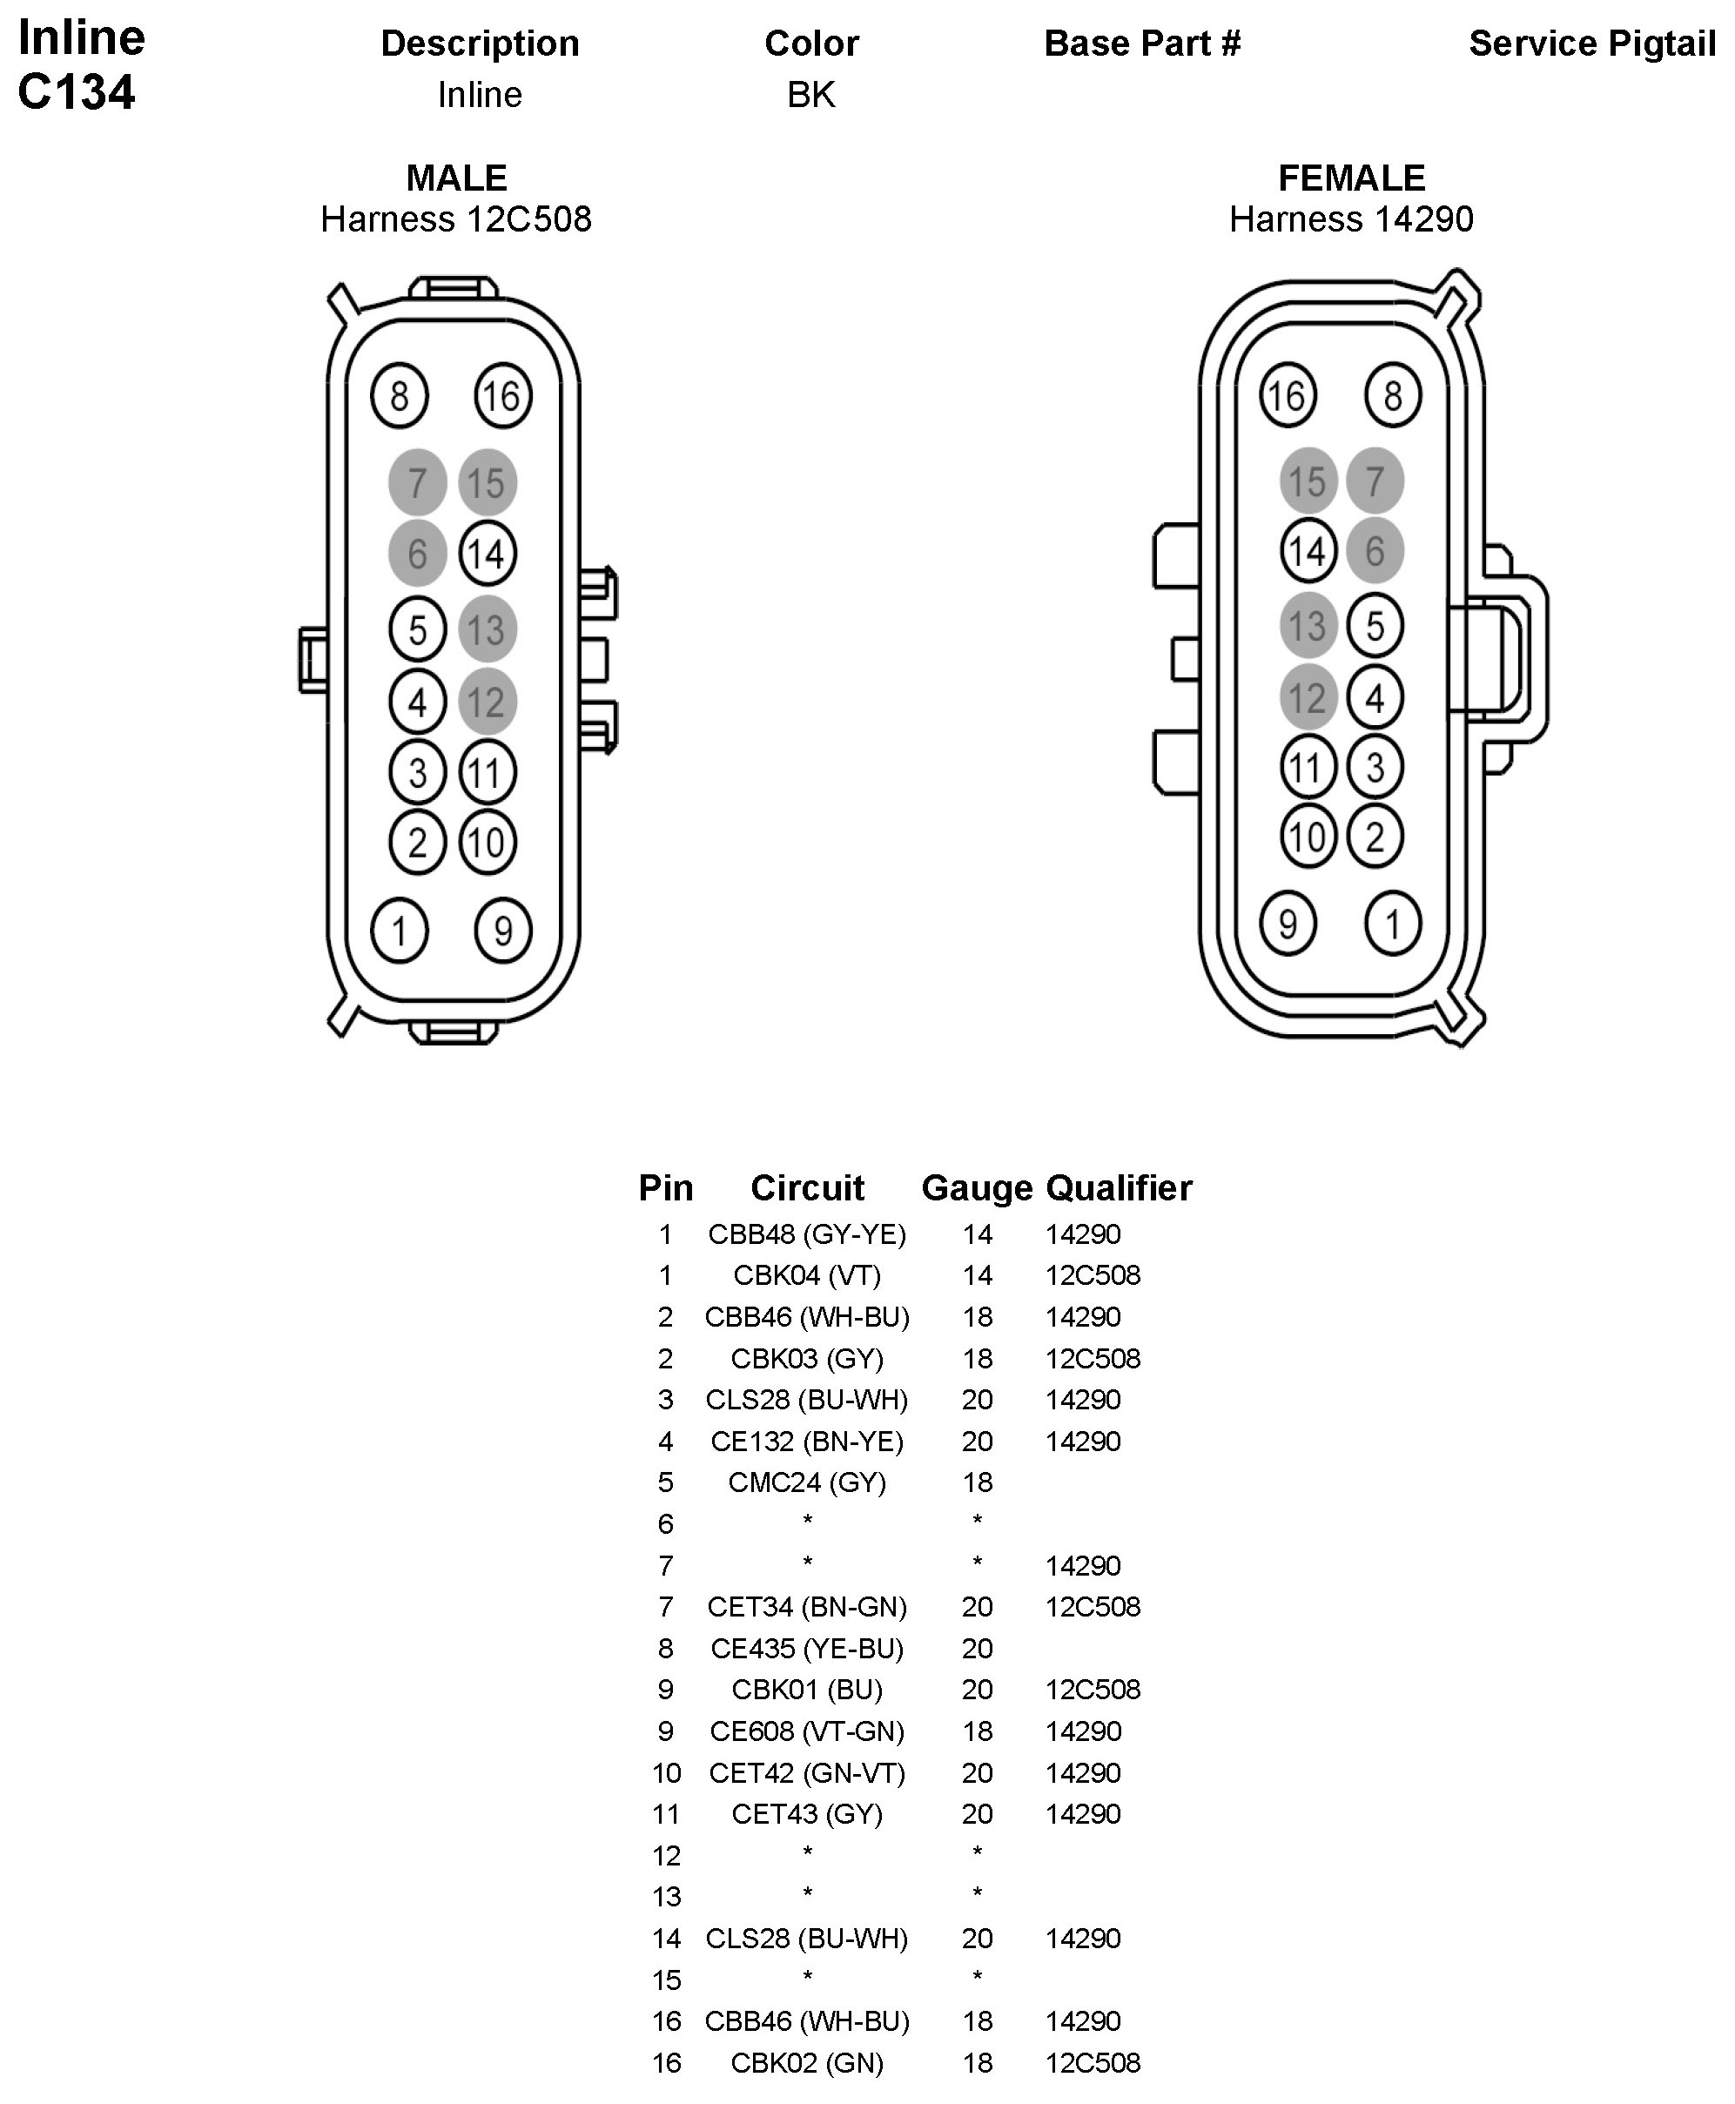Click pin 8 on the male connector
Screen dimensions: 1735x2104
coord(399,396)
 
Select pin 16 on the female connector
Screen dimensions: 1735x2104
coord(1288,396)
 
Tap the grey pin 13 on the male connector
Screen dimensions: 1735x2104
coord(487,629)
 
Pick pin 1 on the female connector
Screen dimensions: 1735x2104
coord(1392,924)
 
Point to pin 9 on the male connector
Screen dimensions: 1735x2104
coord(502,931)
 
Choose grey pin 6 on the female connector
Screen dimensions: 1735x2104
coord(1375,551)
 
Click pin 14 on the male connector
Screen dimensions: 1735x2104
coord(487,554)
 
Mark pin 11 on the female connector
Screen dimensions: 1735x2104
coord(1308,768)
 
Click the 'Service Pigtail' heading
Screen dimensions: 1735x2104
coord(1591,44)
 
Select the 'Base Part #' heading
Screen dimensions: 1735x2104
coord(1141,44)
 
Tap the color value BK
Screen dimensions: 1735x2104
coord(810,95)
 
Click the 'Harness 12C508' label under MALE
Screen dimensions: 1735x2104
coord(456,218)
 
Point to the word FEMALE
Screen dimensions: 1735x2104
coord(1351,178)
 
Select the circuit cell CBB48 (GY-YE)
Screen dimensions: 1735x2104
coord(806,1234)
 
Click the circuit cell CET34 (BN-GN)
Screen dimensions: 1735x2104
coord(806,1607)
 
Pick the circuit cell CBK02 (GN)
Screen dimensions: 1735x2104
coord(806,2063)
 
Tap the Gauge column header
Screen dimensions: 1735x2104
coord(977,1187)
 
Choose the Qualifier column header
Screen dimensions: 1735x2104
coord(1119,1187)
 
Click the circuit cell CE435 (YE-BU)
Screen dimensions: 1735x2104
coord(806,1648)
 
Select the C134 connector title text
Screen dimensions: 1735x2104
coord(76,92)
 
